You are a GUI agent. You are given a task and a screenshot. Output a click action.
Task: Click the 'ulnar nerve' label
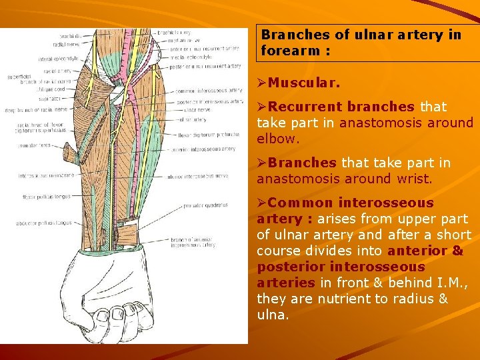195,109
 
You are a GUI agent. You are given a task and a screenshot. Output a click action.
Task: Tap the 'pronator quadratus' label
205,205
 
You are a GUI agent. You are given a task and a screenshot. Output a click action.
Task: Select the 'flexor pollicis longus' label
45,197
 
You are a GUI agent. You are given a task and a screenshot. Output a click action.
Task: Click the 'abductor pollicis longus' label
44,223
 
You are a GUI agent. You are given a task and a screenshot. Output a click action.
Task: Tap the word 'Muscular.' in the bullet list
304,85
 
